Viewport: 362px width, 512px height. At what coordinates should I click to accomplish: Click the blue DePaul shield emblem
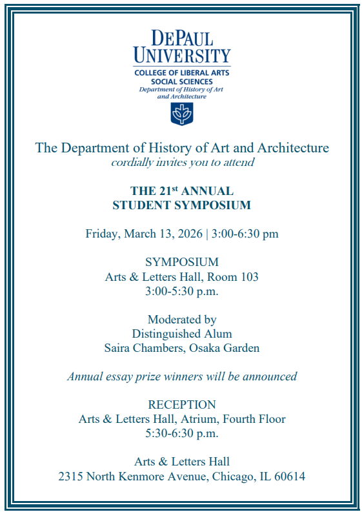(181, 114)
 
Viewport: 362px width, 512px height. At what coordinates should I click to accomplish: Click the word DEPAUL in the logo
(181, 38)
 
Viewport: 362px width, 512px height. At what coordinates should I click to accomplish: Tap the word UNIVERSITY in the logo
(181, 56)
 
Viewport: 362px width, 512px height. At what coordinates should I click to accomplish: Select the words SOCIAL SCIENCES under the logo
(181, 82)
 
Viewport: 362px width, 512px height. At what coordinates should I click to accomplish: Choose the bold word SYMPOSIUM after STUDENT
(217, 206)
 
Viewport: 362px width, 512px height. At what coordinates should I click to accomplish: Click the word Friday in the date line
(100, 234)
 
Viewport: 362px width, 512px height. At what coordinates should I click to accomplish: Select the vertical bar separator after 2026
(207, 234)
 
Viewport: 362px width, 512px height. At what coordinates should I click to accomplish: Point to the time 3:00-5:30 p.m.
(181, 291)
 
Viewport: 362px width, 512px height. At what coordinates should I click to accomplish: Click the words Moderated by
(181, 320)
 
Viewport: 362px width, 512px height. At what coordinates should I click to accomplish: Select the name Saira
(118, 348)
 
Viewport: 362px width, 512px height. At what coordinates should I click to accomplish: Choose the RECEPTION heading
(181, 405)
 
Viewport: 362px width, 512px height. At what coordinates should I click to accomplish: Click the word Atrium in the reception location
(183, 419)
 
